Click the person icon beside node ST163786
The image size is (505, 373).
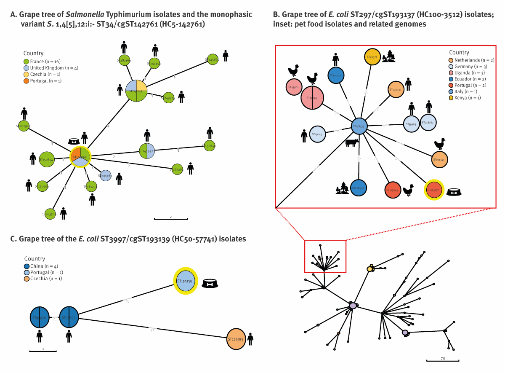(x=63, y=214)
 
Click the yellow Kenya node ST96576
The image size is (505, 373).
(x=372, y=56)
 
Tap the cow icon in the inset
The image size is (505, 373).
(x=352, y=143)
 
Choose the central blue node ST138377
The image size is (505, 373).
(x=359, y=126)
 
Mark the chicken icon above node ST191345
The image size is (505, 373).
(x=439, y=144)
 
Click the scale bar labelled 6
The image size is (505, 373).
(x=43, y=350)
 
